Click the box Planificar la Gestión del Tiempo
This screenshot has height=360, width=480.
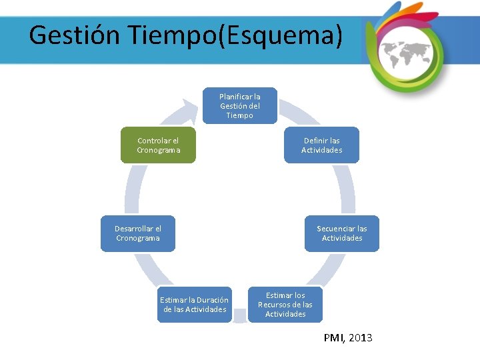click(x=239, y=106)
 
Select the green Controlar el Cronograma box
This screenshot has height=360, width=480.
click(x=158, y=145)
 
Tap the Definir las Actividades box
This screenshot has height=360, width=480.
click(x=321, y=145)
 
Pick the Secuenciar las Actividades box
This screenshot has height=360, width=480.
click(x=341, y=233)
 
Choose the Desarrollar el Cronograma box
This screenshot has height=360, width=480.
click(x=138, y=233)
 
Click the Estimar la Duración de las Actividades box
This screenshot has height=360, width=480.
click(x=195, y=304)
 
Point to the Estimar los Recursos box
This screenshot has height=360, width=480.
click(x=285, y=304)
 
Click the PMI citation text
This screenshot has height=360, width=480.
click(x=334, y=338)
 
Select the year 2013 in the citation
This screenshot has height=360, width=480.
click(x=361, y=338)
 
